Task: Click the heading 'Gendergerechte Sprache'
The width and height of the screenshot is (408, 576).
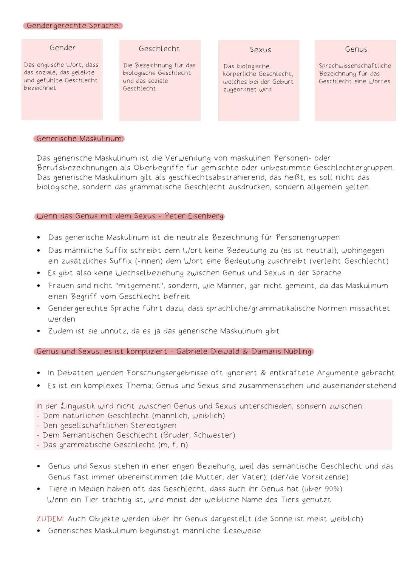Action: coord(73,26)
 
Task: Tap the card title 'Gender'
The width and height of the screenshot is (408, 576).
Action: coord(62,48)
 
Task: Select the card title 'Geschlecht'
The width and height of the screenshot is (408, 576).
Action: coord(159,49)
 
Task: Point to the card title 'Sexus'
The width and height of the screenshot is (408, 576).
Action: coord(260,50)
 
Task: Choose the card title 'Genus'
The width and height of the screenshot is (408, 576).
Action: coord(356,49)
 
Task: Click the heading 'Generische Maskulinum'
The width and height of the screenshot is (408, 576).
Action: coord(79,139)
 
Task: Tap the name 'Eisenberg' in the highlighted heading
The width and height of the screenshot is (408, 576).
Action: coord(206,216)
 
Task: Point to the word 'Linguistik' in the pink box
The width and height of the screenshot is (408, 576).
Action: coord(78,406)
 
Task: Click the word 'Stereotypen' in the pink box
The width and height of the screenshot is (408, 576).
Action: coord(153,425)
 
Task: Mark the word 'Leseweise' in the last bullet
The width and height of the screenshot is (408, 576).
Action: coord(242,531)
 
